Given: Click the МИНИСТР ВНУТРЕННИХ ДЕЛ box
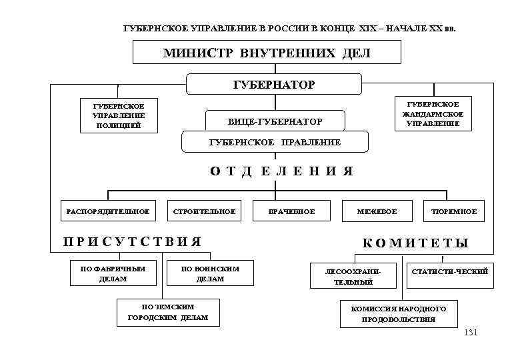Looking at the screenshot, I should coord(267,53).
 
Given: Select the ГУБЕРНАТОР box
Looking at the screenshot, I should coord(273,85).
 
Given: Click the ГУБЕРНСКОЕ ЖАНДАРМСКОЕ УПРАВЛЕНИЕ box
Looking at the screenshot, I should coord(433,114).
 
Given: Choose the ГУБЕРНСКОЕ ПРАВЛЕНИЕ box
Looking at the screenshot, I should coord(275,142).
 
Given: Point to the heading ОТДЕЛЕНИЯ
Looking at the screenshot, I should coord(281,171).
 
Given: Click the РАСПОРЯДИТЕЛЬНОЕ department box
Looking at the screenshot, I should coord(107,212).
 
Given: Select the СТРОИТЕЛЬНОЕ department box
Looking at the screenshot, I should coord(204,212).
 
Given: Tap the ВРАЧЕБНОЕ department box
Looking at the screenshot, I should coord(291,212).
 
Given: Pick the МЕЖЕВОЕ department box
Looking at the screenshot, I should coord(377,212).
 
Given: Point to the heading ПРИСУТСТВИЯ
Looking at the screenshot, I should coord(131,241).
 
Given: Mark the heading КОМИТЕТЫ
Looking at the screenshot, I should coord(415,243).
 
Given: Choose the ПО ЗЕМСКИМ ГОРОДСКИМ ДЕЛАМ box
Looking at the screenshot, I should coord(168,312).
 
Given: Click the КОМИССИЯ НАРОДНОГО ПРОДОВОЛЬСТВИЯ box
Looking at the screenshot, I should coord(399,314).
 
